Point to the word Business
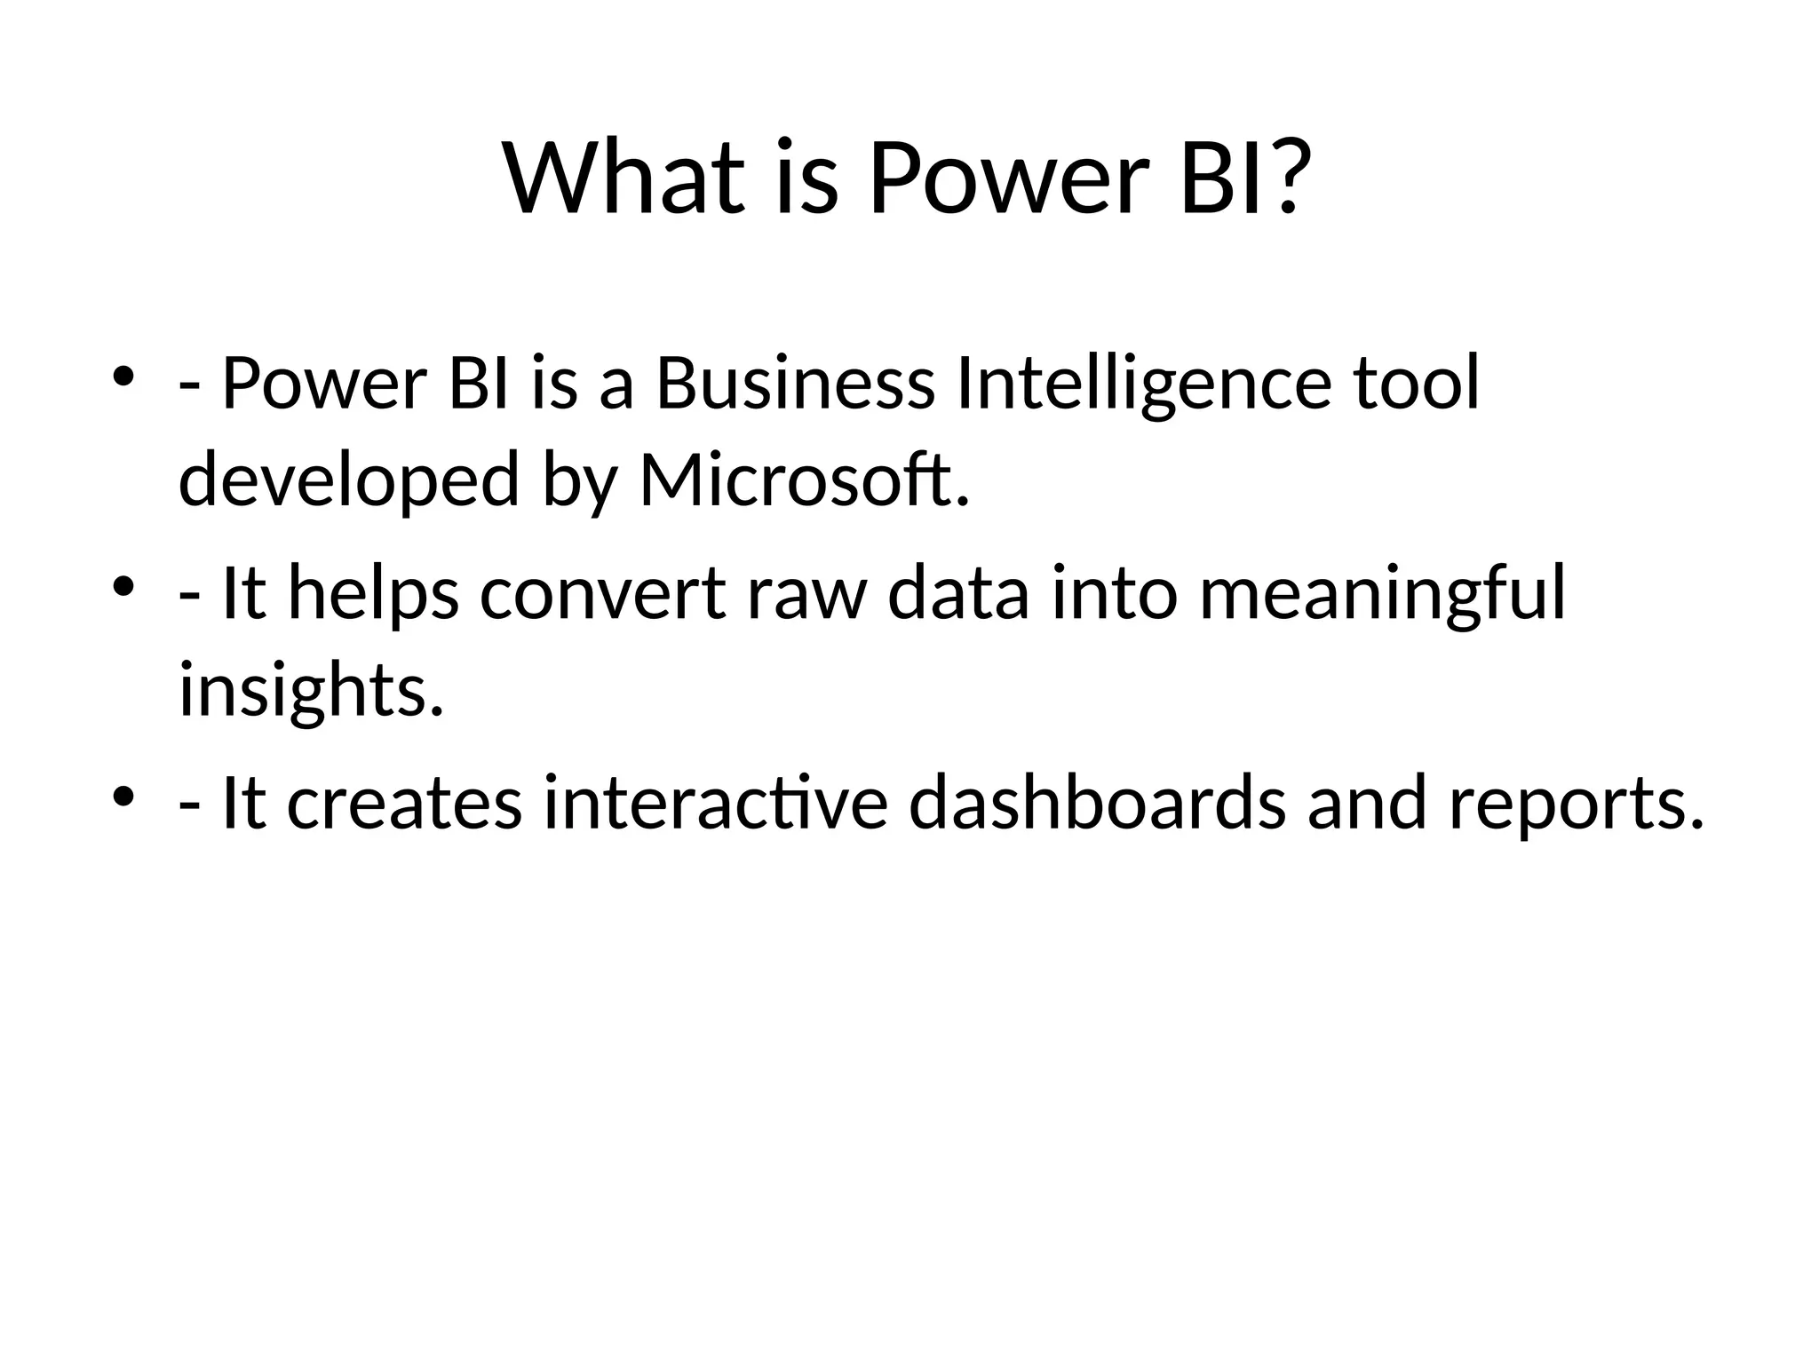click(x=795, y=384)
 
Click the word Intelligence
click(x=1144, y=384)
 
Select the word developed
click(x=348, y=480)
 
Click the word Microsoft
click(x=804, y=480)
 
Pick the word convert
click(x=603, y=594)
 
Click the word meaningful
click(x=1382, y=594)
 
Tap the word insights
click(x=311, y=691)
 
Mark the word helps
click(x=374, y=594)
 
